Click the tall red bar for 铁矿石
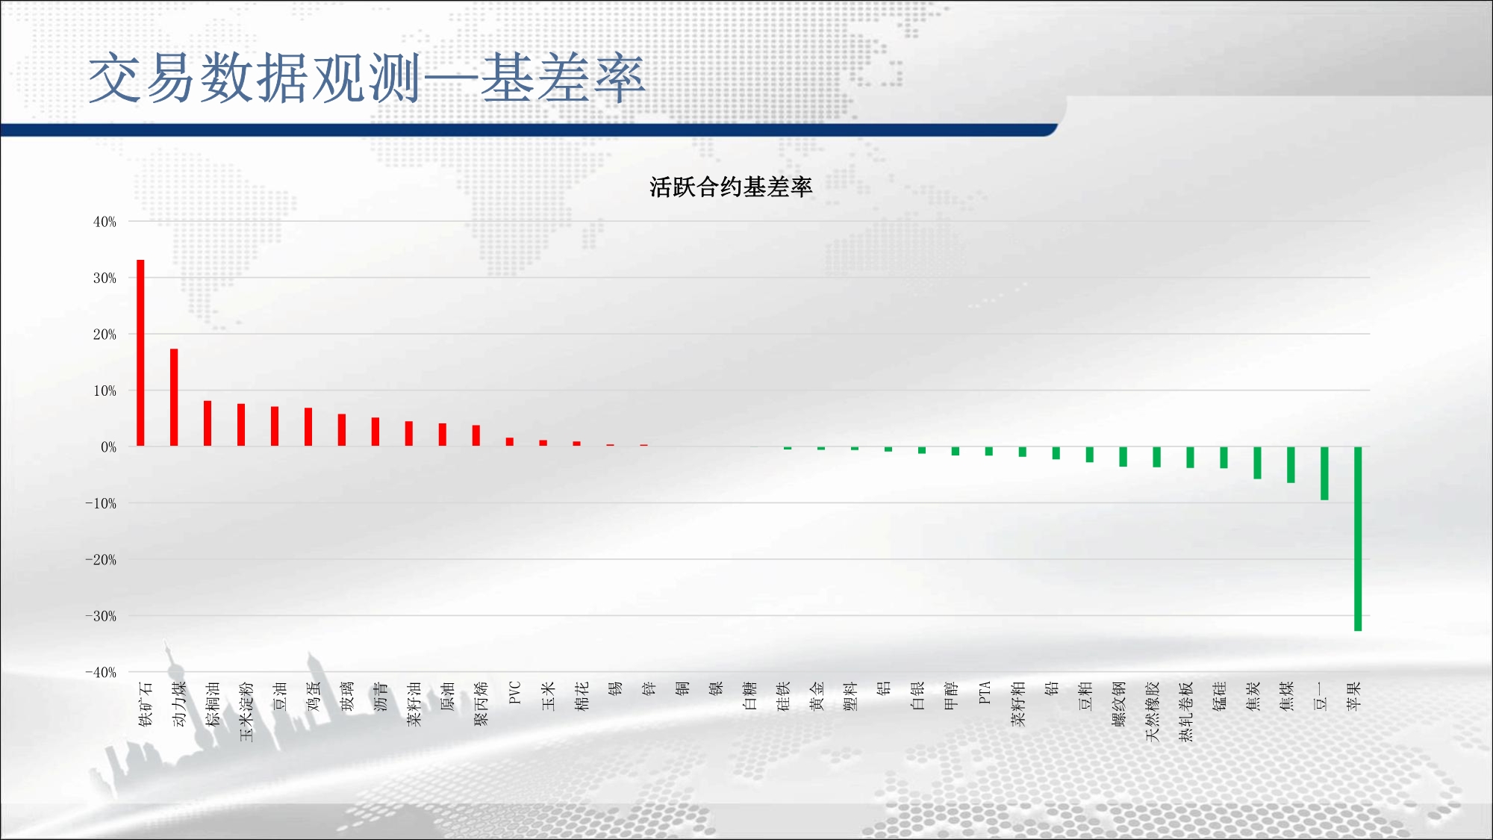140,353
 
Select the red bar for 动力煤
174,397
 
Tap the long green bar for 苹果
1358,539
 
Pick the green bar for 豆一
1324,473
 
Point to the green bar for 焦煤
1291,464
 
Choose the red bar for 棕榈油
208,423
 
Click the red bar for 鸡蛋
308,427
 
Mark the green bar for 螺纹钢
1123,457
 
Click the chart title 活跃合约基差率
731,187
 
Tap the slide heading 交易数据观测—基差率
366,78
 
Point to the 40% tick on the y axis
105,222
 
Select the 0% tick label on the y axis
109,447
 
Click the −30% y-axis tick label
101,616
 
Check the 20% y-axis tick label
105,335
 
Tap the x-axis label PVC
514,692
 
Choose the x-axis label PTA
985,692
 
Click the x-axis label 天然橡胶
1153,711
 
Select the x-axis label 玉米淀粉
246,711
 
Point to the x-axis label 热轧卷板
1186,711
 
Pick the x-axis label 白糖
749,695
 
